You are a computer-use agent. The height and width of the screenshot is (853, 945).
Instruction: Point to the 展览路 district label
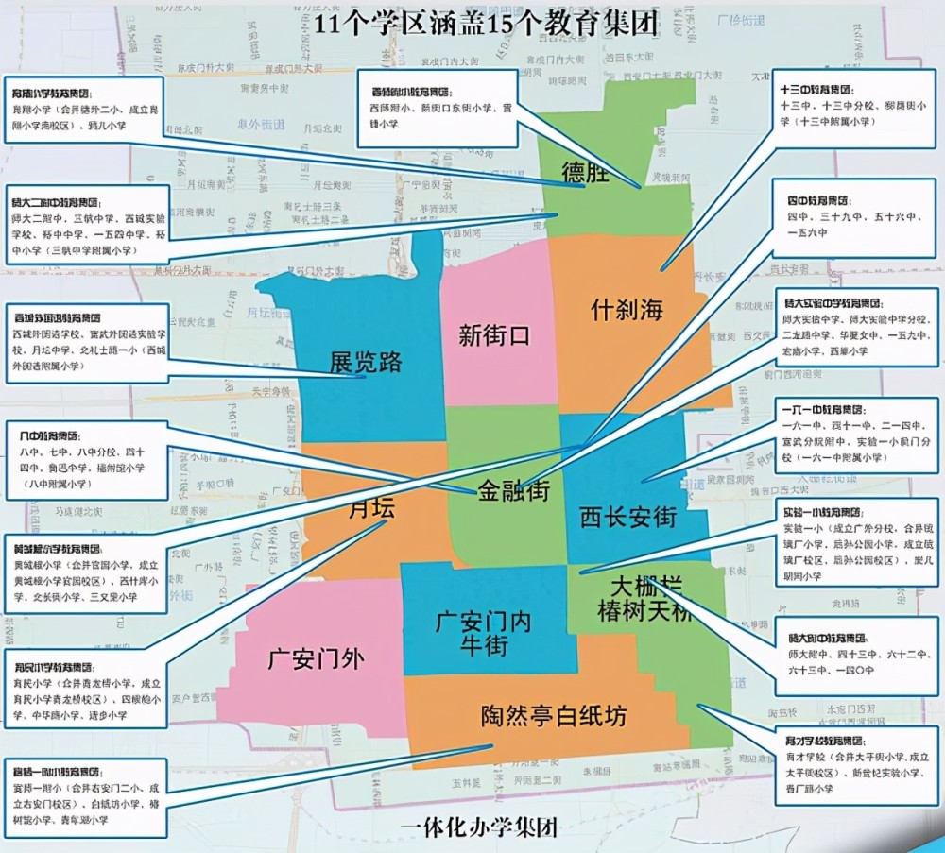[x=366, y=362]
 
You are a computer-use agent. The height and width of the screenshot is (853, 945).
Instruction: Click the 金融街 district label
[x=514, y=491]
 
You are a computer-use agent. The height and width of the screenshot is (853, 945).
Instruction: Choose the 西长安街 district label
[x=628, y=517]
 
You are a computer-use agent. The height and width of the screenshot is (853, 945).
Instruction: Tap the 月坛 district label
[x=371, y=508]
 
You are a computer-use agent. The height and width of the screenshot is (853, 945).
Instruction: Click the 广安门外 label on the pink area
[x=315, y=657]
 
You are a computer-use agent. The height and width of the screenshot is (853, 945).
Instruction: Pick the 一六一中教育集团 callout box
[x=855, y=436]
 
